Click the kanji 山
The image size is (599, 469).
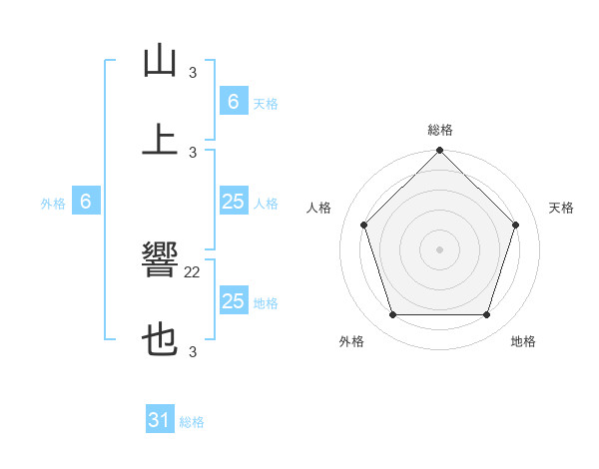pos(160,62)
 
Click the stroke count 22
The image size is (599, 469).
pos(193,271)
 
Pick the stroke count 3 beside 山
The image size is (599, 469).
pos(193,72)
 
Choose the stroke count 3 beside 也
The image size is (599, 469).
pos(193,351)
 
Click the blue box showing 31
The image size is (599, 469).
pos(160,421)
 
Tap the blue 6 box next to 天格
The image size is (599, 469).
pos(233,101)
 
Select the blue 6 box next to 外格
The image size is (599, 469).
pos(86,202)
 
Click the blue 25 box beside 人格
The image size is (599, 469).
pos(233,202)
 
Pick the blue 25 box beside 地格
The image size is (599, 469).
pos(233,301)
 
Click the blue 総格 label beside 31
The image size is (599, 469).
pos(192,422)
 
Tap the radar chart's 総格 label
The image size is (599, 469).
pos(440,130)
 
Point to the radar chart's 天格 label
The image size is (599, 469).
pos(562,208)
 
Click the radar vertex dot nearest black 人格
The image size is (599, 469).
pos(364,225)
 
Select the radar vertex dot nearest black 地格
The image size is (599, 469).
pos(486,314)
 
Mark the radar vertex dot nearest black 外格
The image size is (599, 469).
pos(393,314)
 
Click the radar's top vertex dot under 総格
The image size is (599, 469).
pos(440,152)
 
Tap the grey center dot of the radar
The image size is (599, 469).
pos(440,248)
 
